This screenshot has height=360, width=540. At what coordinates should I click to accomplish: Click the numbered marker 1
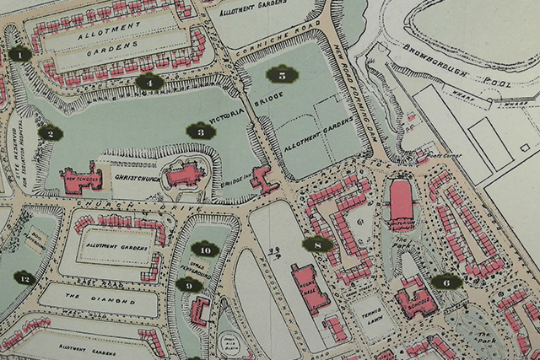[19, 55]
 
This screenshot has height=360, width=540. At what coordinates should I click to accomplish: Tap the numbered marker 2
[50, 132]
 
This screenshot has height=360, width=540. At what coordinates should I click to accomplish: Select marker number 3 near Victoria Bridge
[199, 131]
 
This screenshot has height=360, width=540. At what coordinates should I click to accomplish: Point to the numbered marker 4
[149, 82]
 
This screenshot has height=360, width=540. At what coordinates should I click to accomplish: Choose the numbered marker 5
[282, 75]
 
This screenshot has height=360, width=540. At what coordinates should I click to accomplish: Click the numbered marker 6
[445, 282]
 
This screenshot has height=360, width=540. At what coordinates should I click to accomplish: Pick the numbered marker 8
[316, 245]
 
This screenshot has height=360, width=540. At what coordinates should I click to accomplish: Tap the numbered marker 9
[190, 285]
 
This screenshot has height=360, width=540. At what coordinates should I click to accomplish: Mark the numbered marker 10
[204, 250]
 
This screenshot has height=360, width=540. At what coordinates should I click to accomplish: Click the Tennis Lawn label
[367, 309]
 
